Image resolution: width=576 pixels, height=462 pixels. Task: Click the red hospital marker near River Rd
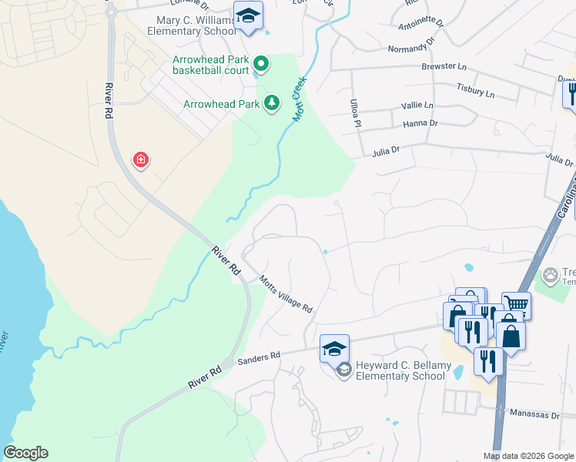[141, 160]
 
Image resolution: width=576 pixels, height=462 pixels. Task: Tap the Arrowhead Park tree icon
[271, 103]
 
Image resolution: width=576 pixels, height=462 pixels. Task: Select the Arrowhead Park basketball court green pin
[260, 64]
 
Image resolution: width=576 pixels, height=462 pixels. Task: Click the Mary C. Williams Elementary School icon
[248, 16]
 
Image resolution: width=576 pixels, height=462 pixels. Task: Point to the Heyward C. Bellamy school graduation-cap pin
[334, 350]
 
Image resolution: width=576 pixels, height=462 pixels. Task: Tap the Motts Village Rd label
[286, 294]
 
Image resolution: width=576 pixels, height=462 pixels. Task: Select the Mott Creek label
[300, 99]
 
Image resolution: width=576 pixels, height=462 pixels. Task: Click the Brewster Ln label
[439, 67]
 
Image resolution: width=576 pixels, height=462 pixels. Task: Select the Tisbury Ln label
[475, 91]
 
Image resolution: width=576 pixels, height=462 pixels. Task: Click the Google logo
[25, 453]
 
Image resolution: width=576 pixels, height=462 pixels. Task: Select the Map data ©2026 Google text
[527, 456]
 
